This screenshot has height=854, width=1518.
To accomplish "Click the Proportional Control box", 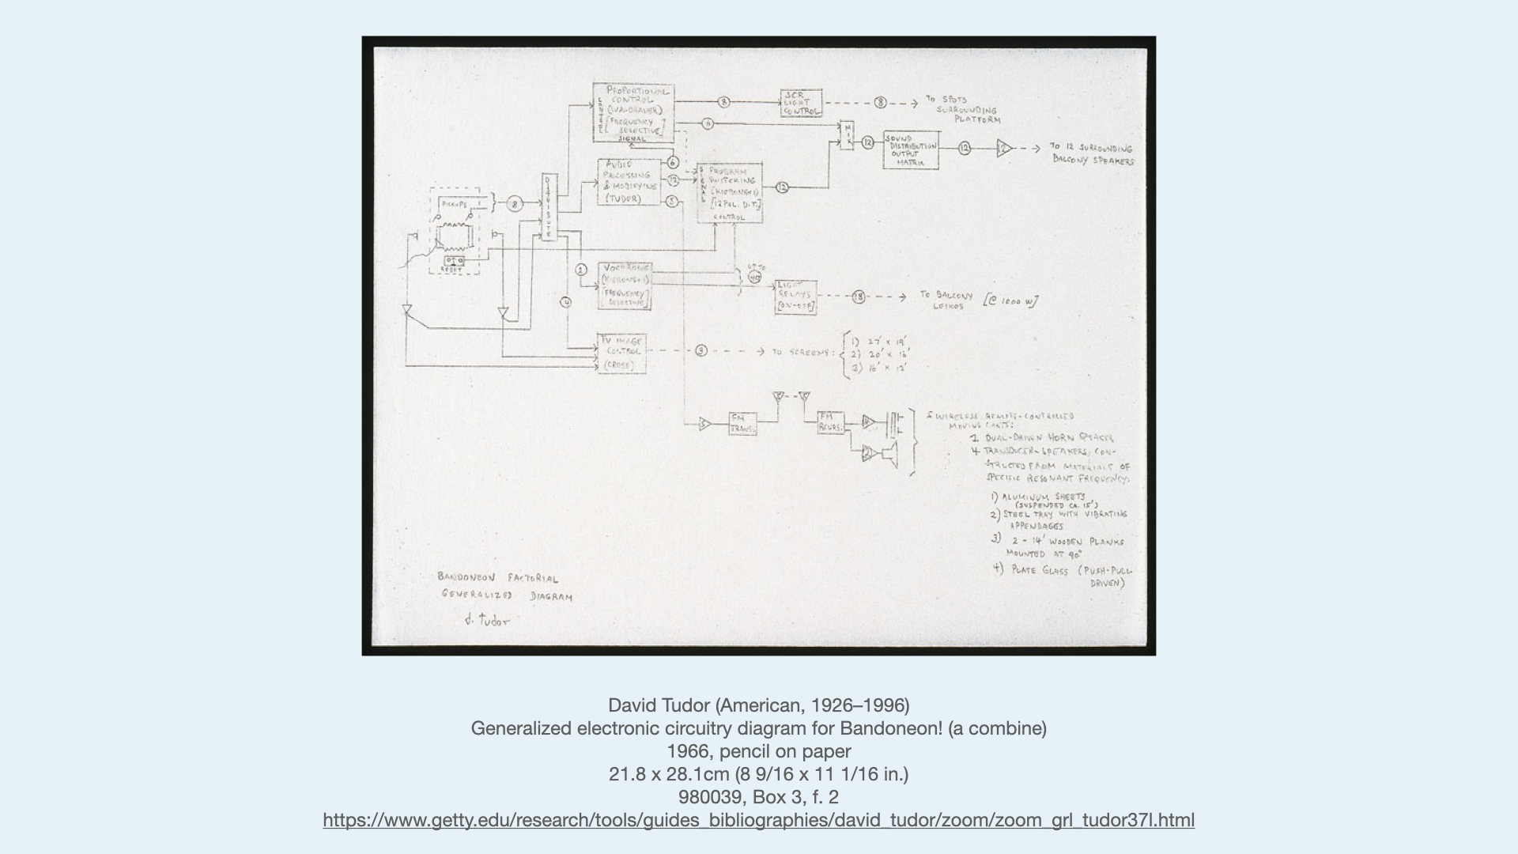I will (x=633, y=113).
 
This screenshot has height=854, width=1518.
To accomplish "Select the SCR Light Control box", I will (x=800, y=104).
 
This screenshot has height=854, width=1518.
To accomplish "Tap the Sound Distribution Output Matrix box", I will (x=912, y=149).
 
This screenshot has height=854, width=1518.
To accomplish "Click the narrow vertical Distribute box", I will (x=549, y=207).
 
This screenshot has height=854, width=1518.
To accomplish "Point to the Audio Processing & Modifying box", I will (x=629, y=182).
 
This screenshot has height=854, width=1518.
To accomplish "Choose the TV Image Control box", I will (x=621, y=353).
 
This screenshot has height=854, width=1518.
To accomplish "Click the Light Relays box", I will (x=795, y=297).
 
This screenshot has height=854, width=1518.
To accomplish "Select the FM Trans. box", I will (x=742, y=424).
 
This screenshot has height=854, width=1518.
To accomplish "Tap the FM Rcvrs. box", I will (x=830, y=423).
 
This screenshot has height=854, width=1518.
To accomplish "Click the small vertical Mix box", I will (x=847, y=136).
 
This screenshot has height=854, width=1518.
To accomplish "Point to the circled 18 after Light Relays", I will (x=859, y=297).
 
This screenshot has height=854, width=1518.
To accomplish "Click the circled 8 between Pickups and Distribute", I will (x=515, y=204).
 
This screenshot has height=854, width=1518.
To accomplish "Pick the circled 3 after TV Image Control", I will (x=701, y=351).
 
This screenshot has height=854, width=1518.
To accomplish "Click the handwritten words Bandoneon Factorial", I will (x=497, y=578).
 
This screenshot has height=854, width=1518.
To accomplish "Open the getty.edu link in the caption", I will (x=758, y=820).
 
